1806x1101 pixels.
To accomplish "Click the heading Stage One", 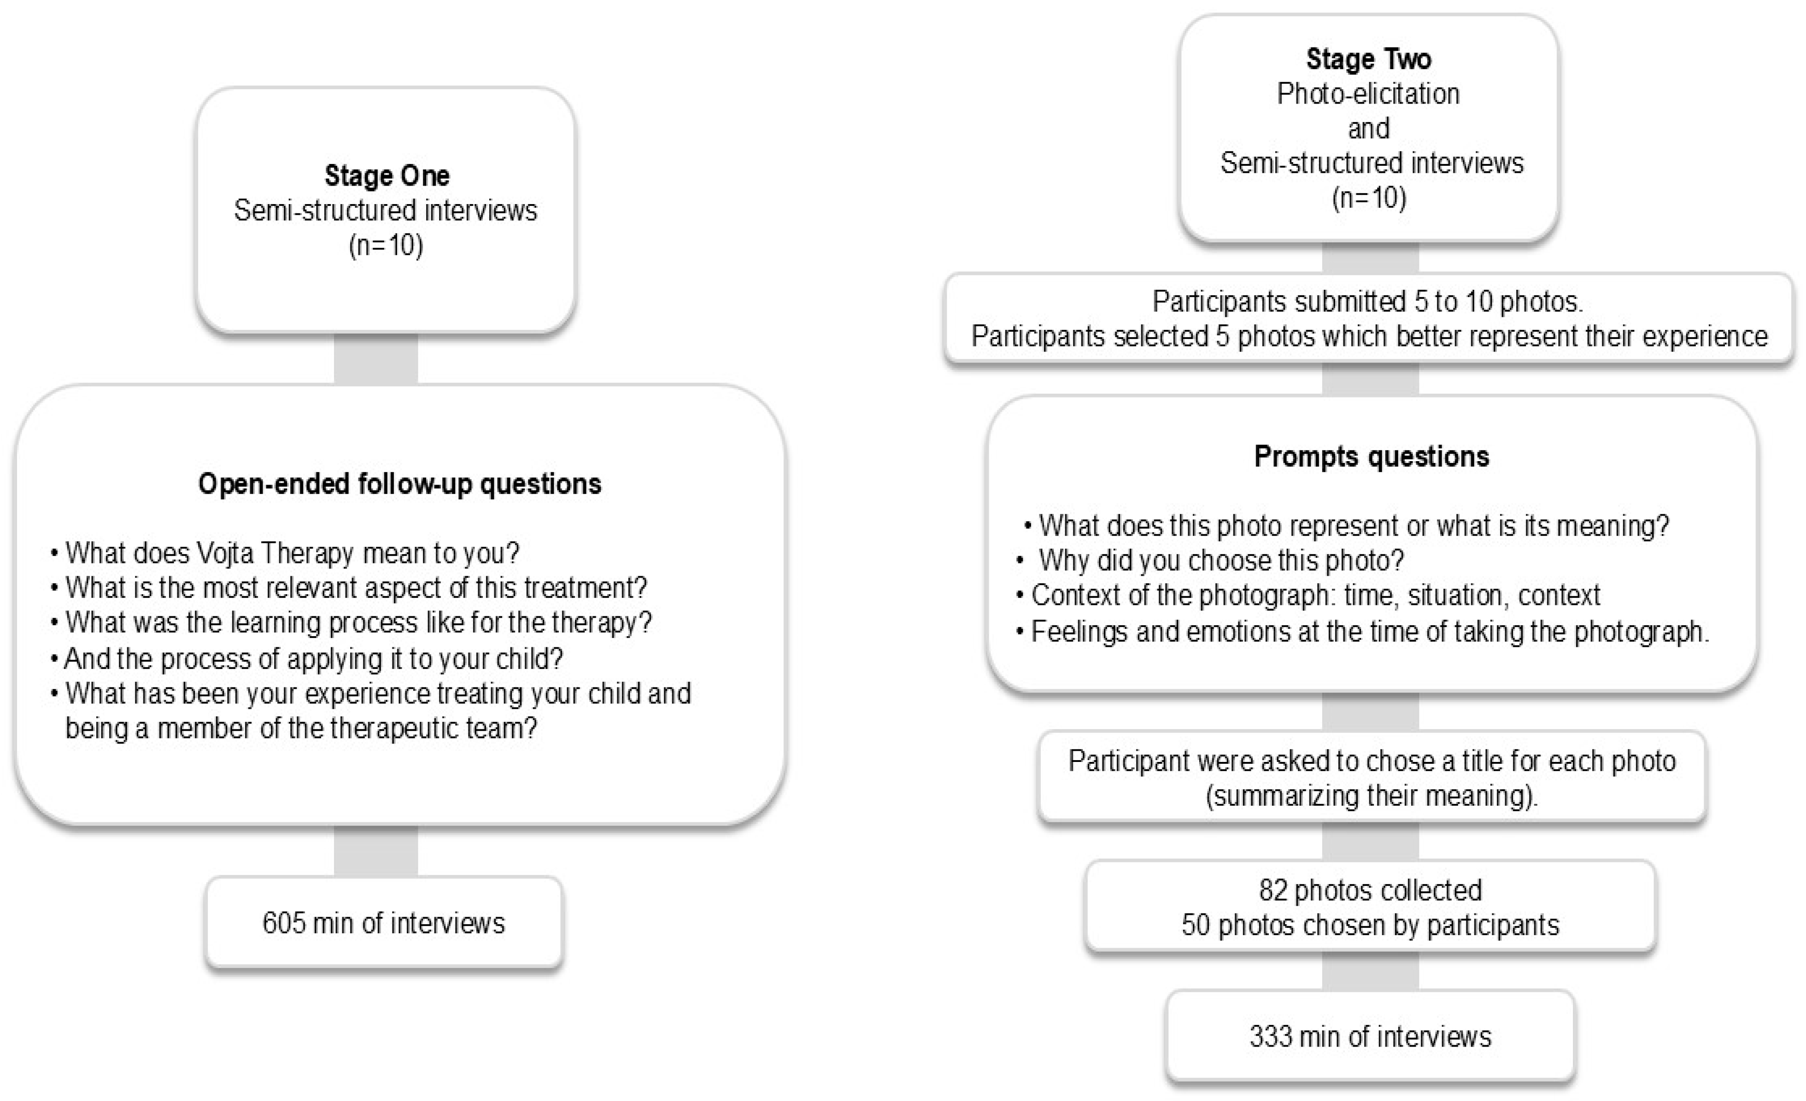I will coord(386,176).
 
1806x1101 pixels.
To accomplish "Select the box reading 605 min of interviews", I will coord(383,923).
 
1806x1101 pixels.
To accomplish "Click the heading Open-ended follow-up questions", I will coord(399,484).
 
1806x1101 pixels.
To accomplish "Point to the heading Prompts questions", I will coord(1372,457).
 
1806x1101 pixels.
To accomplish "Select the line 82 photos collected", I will coord(1370,890).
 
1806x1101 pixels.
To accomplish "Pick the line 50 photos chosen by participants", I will coord(1370,925).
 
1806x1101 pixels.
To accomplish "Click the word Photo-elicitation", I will coord(1368,94).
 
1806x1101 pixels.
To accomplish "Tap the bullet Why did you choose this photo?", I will coord(1220,561).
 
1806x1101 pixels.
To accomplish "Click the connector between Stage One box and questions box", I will coord(375,359).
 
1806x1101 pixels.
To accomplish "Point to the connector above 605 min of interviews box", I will coord(375,851).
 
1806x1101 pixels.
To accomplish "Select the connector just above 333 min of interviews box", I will coord(1370,971).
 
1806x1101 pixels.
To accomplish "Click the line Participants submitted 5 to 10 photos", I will coord(1368,301).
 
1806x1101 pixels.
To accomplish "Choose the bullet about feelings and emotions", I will coord(1369,631).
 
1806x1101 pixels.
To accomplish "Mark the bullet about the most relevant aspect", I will coord(356,588).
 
